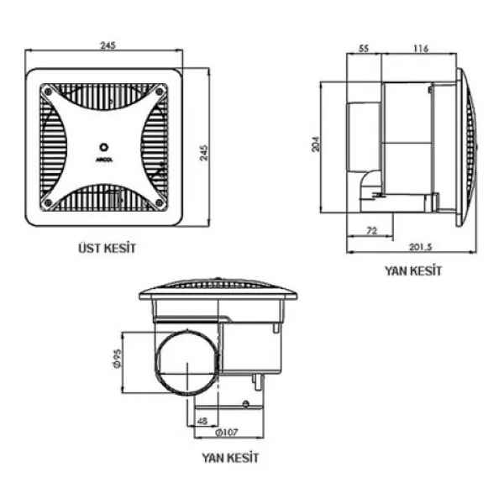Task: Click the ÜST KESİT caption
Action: pyautogui.click(x=107, y=248)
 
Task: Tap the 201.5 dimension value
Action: pyautogui.click(x=420, y=247)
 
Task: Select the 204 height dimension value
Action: pyautogui.click(x=316, y=144)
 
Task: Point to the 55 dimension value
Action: pyautogui.click(x=363, y=49)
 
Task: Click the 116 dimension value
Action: pyautogui.click(x=421, y=49)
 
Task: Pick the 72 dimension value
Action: pyautogui.click(x=371, y=230)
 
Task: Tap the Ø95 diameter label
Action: pyautogui.click(x=118, y=359)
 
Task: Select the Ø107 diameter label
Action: pyautogui.click(x=227, y=433)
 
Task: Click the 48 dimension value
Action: pyautogui.click(x=202, y=421)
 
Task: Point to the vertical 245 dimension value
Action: pyautogui.click(x=204, y=153)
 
